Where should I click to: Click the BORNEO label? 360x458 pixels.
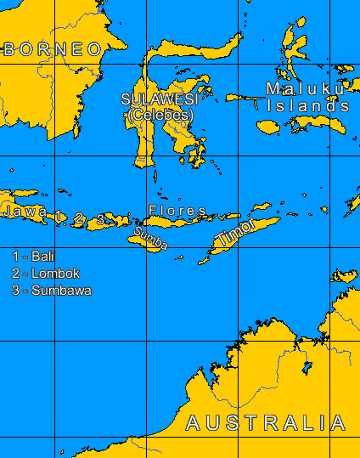(x=53, y=49)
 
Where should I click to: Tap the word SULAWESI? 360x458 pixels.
(x=159, y=99)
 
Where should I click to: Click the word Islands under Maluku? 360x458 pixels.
(x=307, y=106)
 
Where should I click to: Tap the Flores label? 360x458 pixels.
(x=177, y=210)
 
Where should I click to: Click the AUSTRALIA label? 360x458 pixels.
(x=266, y=423)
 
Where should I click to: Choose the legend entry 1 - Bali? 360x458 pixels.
(x=33, y=256)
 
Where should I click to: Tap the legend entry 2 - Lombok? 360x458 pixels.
(x=46, y=273)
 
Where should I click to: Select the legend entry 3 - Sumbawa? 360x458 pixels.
(x=52, y=291)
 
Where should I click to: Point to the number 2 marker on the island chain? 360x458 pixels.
(x=79, y=219)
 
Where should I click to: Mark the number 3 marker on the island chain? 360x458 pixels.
(x=100, y=220)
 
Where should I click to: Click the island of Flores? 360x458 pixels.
(x=183, y=222)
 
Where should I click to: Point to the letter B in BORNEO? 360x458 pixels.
(x=9, y=49)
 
